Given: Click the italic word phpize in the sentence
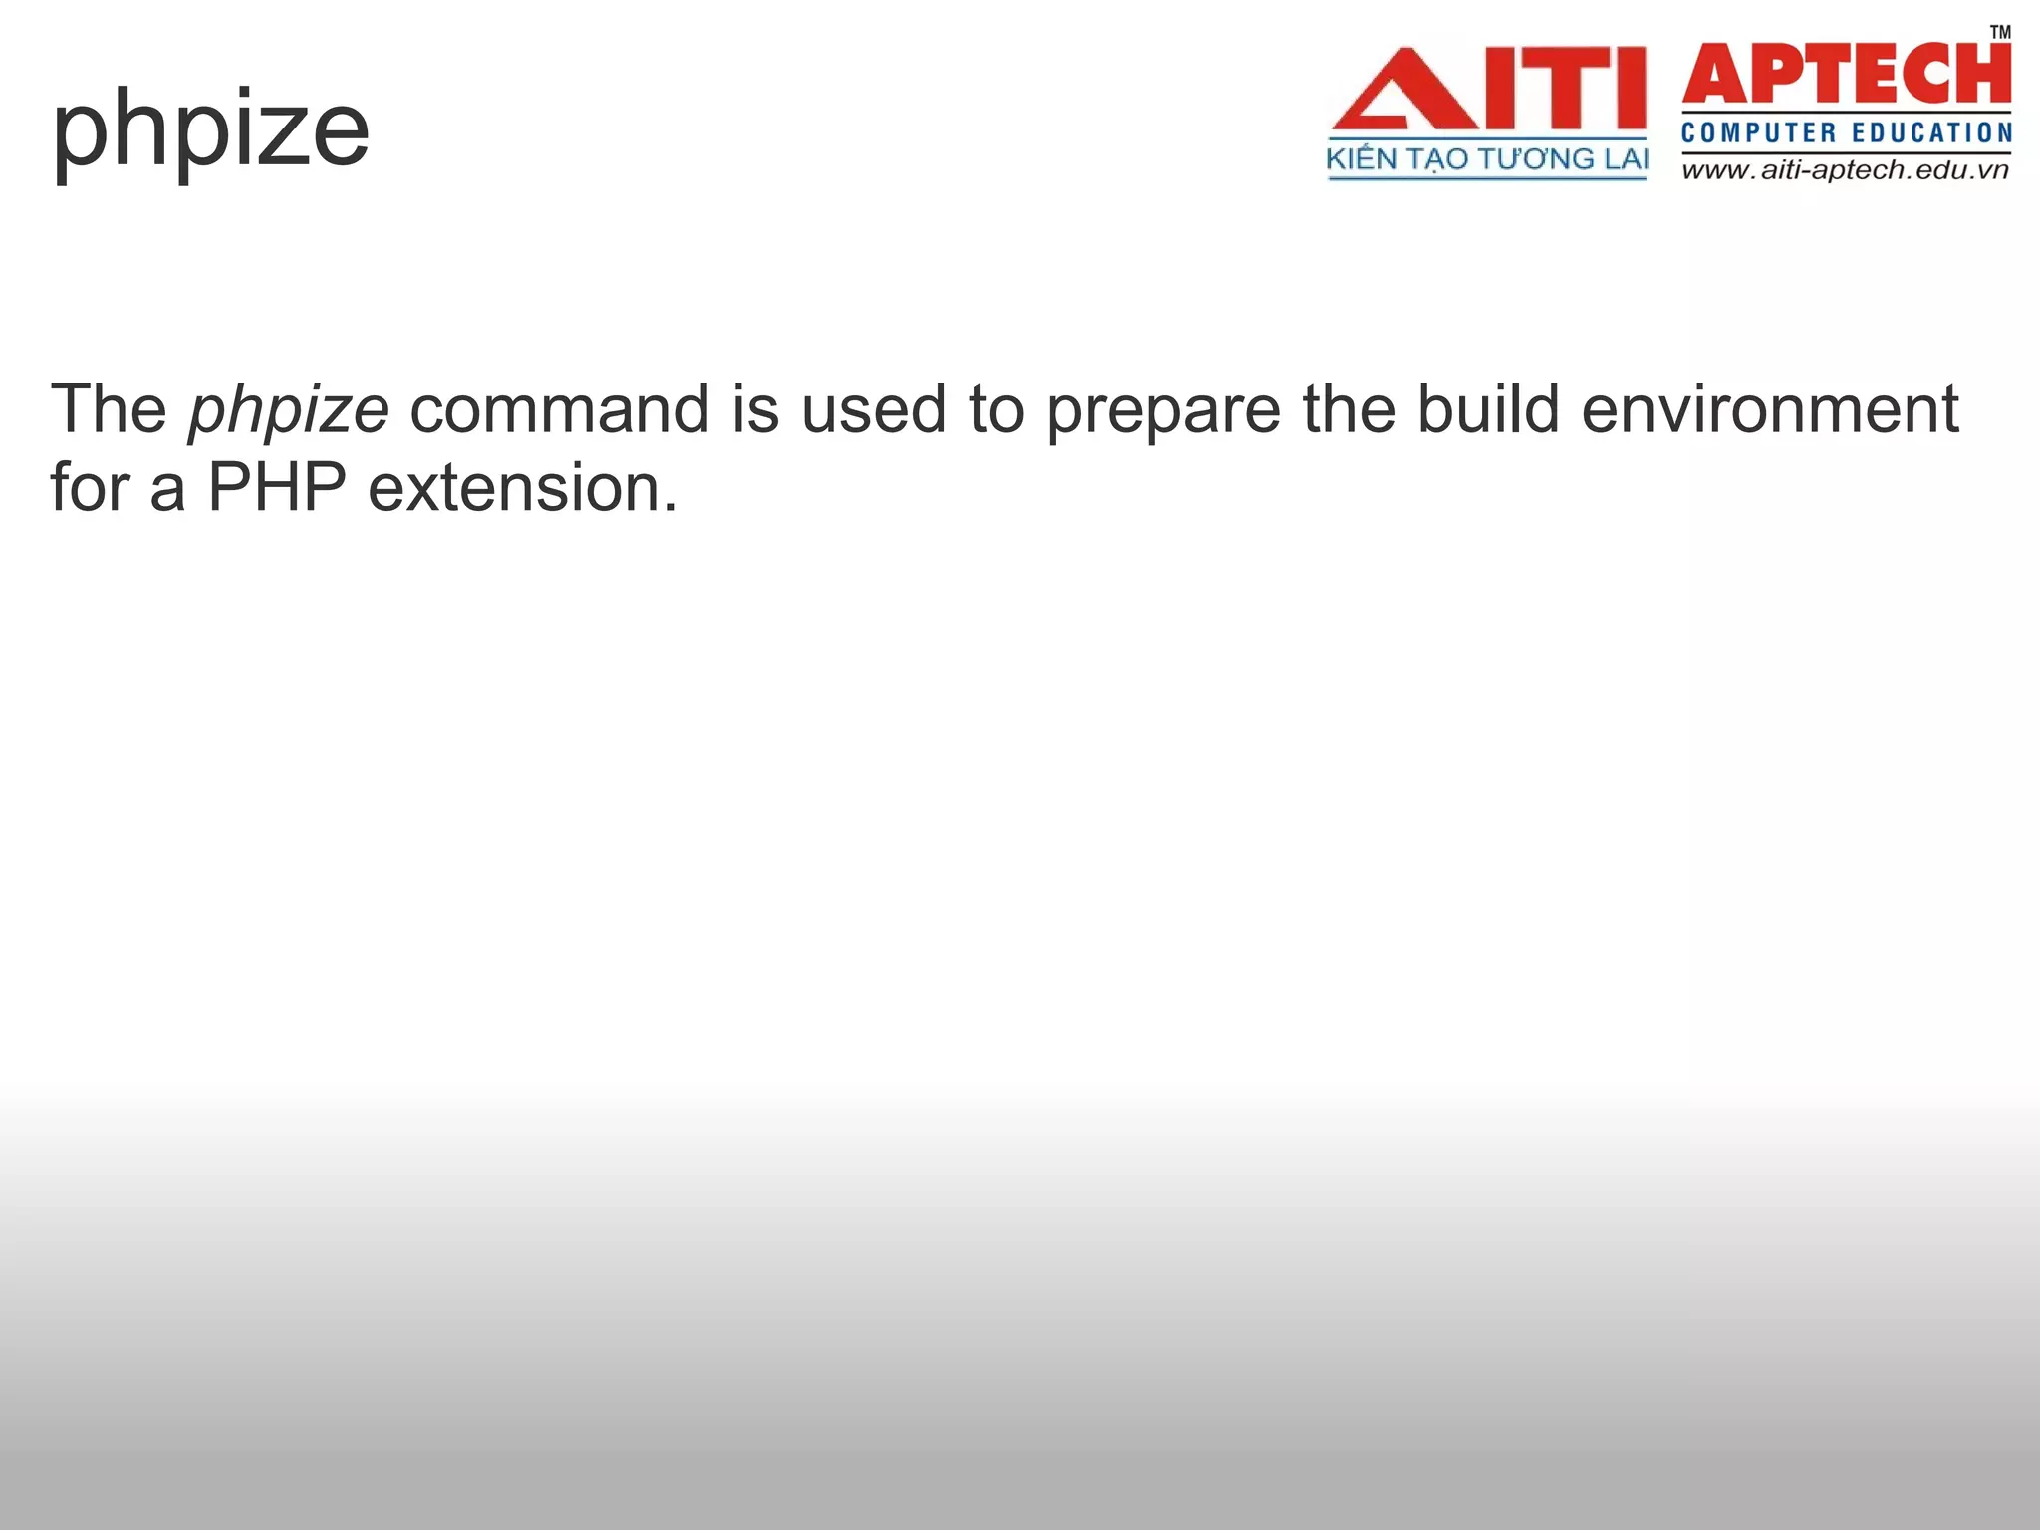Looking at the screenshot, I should point(289,410).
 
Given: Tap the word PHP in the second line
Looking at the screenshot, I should point(276,488).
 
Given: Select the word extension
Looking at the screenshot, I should point(514,488).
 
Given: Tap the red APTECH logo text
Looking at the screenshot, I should point(1846,75).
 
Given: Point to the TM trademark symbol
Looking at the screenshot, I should point(1999,33).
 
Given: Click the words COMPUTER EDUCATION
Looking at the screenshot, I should point(1846,132).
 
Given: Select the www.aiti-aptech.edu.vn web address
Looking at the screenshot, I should point(1846,170).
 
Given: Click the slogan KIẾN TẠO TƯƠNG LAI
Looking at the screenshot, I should point(1487,159).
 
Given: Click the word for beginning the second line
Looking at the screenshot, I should point(90,488).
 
